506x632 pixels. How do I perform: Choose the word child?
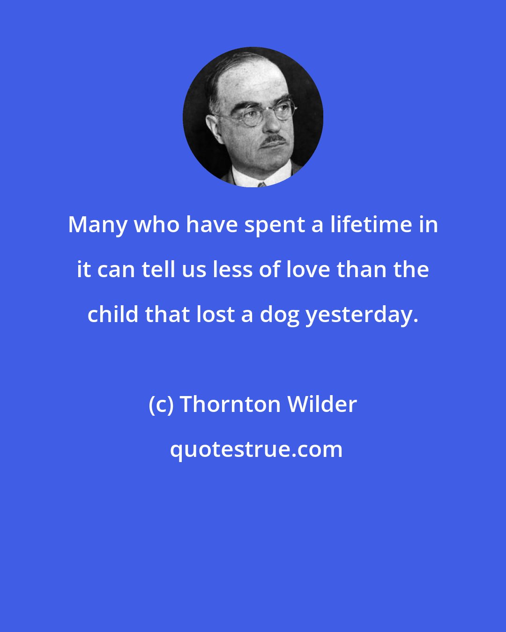[x=113, y=314]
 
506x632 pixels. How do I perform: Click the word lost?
[x=215, y=314]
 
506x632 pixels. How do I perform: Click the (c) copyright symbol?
[x=162, y=404]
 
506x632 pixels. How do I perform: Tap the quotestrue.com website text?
[x=256, y=449]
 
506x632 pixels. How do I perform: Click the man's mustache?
[x=274, y=140]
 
